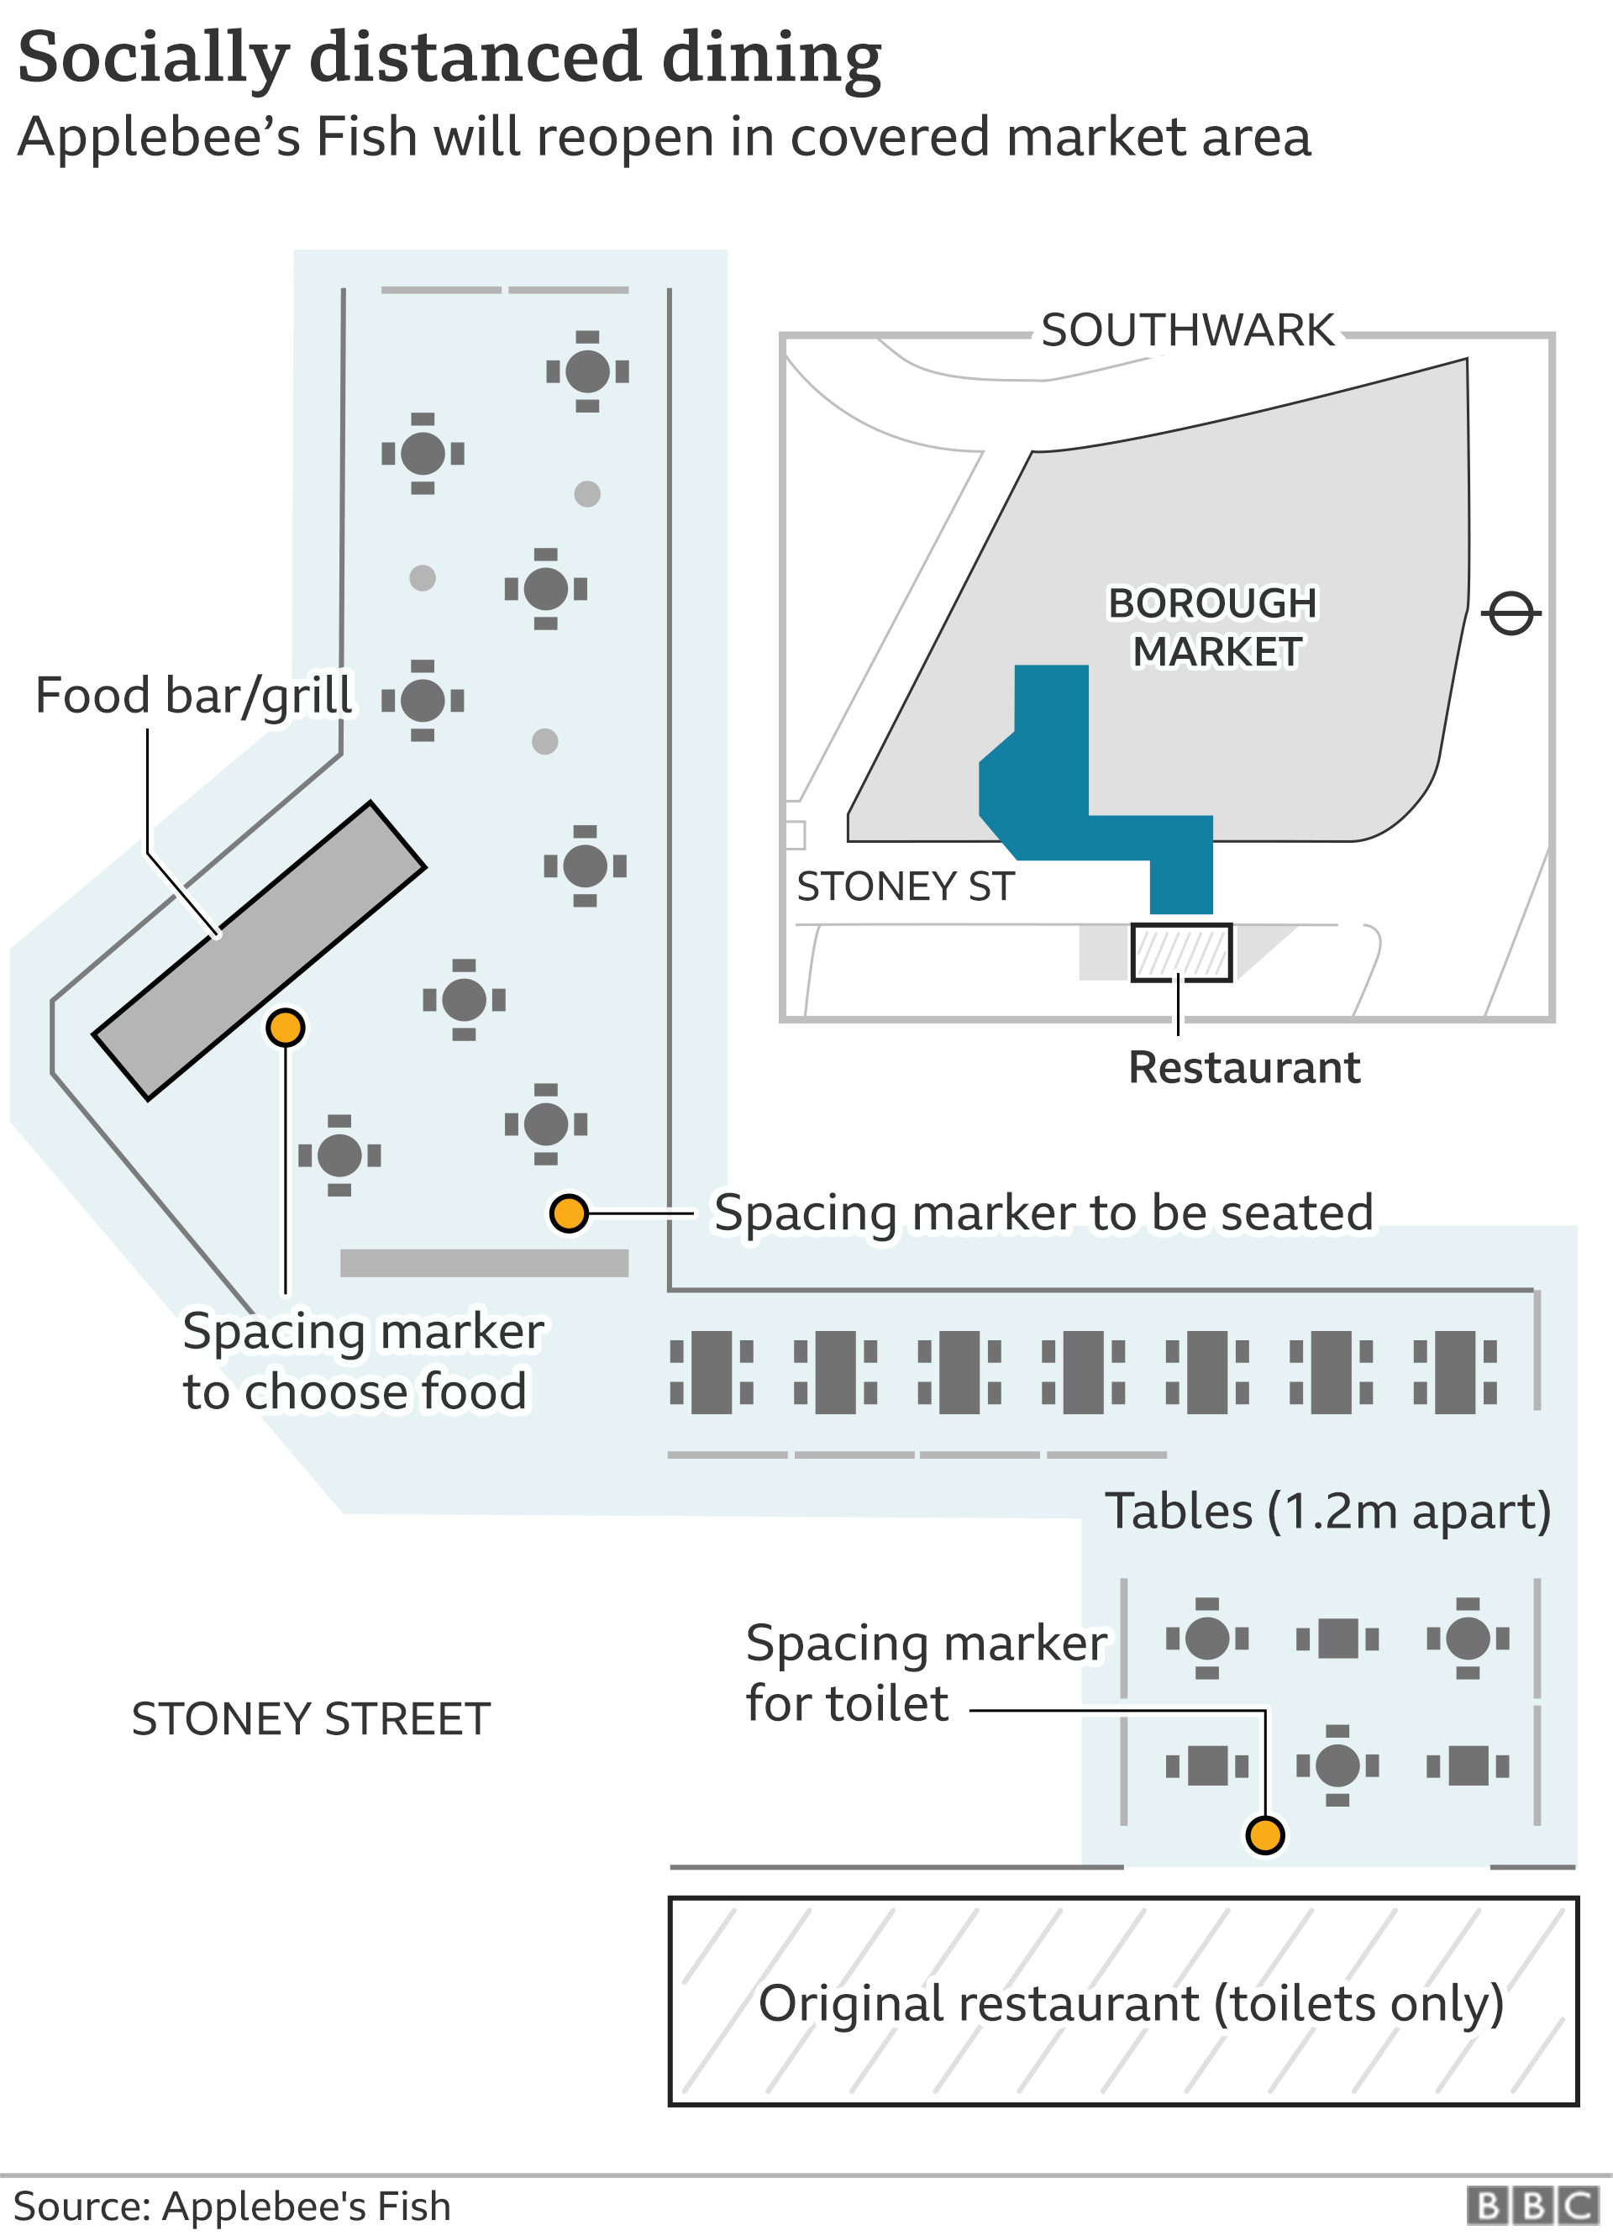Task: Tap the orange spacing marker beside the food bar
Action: (x=285, y=1028)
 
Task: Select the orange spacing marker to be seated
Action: (x=569, y=1213)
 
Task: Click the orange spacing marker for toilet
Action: (x=1265, y=1834)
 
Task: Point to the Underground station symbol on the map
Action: (x=1511, y=613)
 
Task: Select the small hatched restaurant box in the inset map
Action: (x=1180, y=952)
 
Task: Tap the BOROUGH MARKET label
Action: (x=1213, y=627)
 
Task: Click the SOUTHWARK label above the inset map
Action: (x=1187, y=330)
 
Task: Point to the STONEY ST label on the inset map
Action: (x=904, y=887)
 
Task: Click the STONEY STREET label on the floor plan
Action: (x=311, y=1719)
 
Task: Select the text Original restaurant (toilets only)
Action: (x=1131, y=2003)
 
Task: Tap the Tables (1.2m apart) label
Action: (x=1327, y=1512)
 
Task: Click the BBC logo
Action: (x=1532, y=2206)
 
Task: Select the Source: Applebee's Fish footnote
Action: (x=232, y=2207)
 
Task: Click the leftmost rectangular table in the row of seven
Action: (x=712, y=1372)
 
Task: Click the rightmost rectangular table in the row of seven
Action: (x=1454, y=1372)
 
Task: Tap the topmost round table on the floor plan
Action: (x=587, y=371)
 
